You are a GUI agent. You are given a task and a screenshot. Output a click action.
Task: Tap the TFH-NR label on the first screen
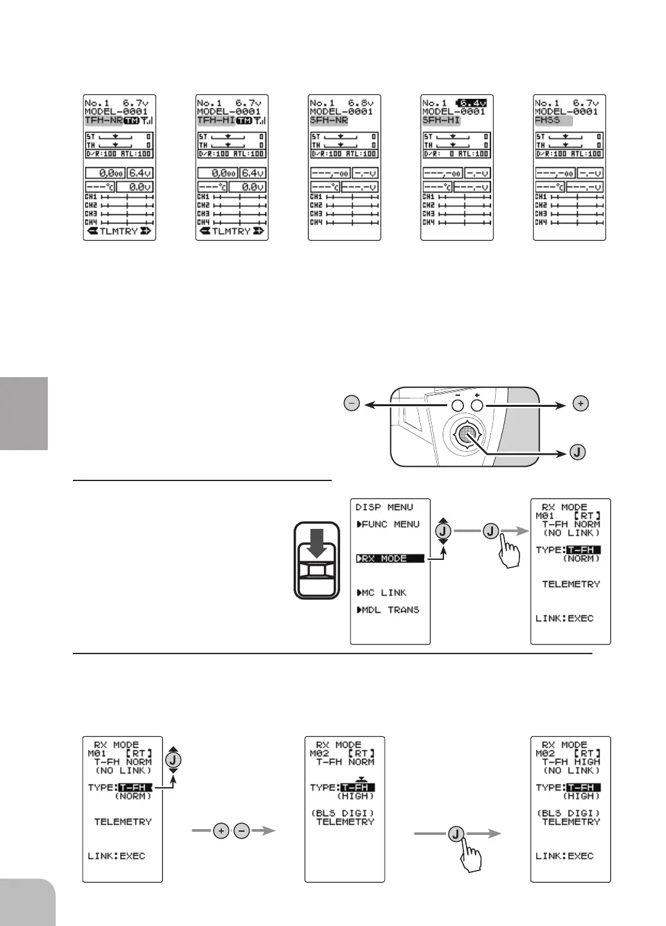pos(103,121)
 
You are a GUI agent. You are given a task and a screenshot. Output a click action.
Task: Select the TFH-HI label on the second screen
pos(216,121)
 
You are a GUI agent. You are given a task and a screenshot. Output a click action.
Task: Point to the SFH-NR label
pos(328,121)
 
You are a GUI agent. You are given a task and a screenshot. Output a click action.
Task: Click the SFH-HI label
pos(441,121)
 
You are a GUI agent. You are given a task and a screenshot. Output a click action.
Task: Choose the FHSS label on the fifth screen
pos(548,121)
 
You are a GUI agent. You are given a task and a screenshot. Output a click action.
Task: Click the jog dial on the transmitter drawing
pos(466,435)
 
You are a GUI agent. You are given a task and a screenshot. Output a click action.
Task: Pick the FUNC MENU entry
pos(388,524)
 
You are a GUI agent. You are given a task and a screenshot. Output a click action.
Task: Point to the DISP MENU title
pos(384,508)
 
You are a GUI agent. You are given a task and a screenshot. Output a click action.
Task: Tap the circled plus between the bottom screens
pos(221,831)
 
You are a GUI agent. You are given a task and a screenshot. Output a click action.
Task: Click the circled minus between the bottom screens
pos(241,831)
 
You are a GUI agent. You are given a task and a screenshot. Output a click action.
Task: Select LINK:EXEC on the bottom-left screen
pos(116,856)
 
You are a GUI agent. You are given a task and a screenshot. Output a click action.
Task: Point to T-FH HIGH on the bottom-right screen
pos(571,762)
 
